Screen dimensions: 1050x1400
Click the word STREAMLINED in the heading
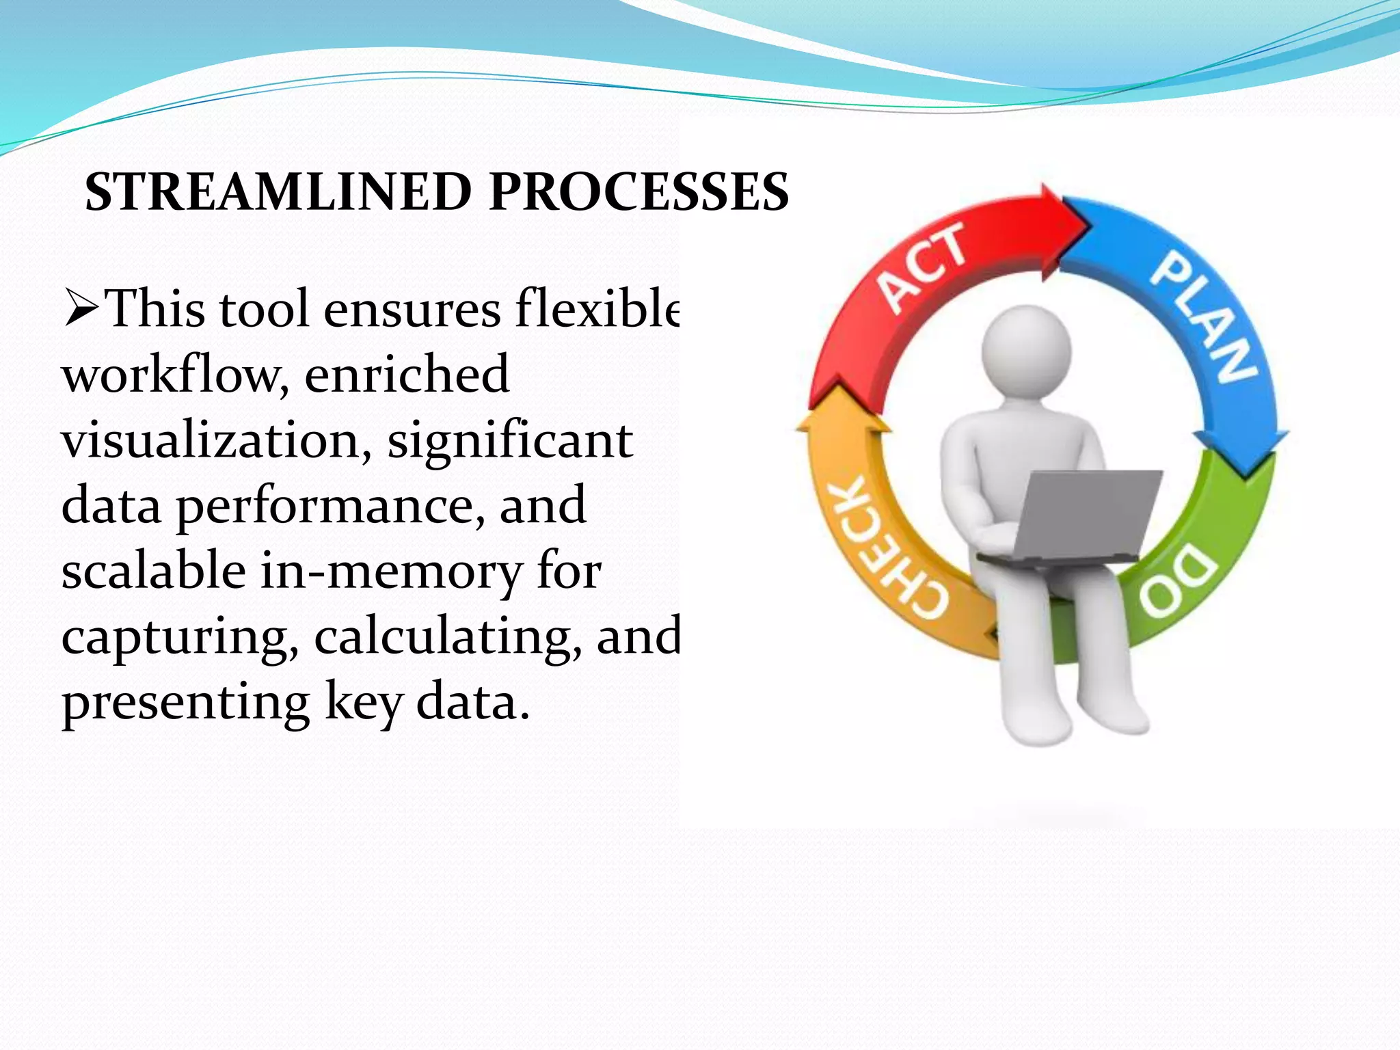(x=278, y=193)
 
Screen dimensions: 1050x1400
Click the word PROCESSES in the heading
(x=638, y=193)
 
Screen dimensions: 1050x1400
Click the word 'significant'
(x=510, y=441)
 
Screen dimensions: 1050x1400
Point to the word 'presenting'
(x=185, y=703)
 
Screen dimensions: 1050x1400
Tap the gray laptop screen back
(x=1087, y=513)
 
